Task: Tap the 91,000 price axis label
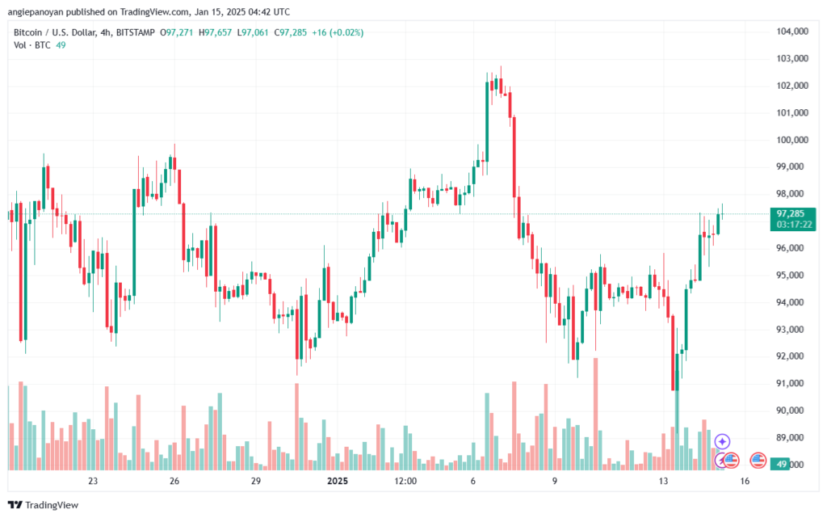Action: [x=791, y=383]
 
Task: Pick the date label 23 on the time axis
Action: [x=93, y=481]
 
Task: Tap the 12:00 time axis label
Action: [x=405, y=481]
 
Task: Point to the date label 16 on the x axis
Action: [x=745, y=481]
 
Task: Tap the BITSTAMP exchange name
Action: [x=132, y=32]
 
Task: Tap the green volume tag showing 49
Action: [x=779, y=464]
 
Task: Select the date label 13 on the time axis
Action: [x=664, y=481]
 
